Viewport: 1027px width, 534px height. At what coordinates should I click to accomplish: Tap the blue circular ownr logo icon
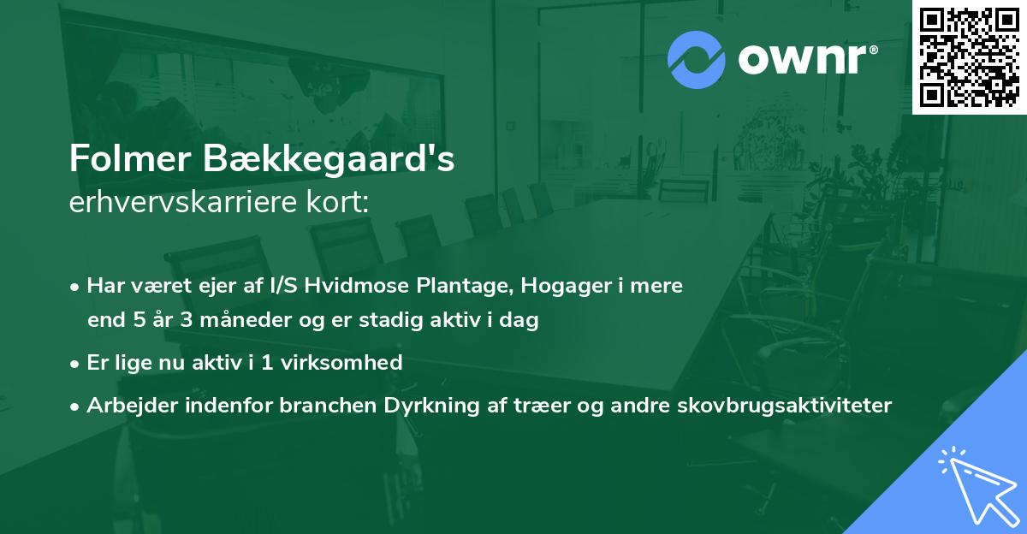(x=696, y=60)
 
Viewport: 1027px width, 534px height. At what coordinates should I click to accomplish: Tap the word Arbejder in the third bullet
(x=127, y=406)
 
